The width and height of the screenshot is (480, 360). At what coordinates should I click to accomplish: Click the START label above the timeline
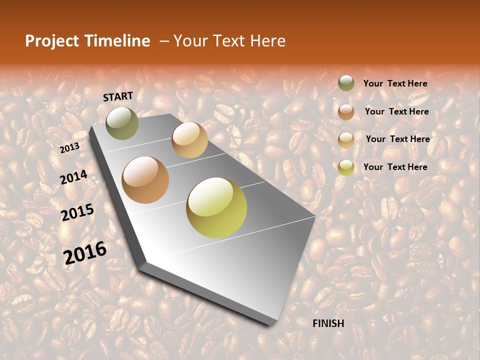coord(118,96)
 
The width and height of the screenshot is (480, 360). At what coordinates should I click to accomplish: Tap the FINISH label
coord(328,323)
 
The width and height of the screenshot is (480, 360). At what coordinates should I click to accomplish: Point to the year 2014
coord(73,177)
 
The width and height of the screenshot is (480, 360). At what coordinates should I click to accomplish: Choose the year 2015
coord(77,212)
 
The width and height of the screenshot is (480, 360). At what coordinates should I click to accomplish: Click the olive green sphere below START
coord(122,123)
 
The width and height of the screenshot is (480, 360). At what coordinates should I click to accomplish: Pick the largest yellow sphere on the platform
coord(216,207)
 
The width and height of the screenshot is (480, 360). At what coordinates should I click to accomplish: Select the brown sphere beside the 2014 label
coord(145,180)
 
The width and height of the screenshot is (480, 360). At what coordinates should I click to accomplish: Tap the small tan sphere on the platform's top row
coord(189,139)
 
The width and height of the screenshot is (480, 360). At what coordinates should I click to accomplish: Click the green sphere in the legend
coord(346,83)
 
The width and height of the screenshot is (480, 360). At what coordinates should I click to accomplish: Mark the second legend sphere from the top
coord(346,111)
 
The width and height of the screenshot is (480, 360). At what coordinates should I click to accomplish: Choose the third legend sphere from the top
coord(346,139)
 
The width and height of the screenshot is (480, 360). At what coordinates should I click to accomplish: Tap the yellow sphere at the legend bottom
coord(346,167)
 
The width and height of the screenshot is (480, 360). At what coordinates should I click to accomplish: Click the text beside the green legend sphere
coord(395,83)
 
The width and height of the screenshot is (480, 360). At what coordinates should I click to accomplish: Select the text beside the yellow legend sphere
coord(395,167)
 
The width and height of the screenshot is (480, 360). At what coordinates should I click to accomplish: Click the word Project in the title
coord(52,41)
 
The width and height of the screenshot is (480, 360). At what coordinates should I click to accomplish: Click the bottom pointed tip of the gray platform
coord(272,324)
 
